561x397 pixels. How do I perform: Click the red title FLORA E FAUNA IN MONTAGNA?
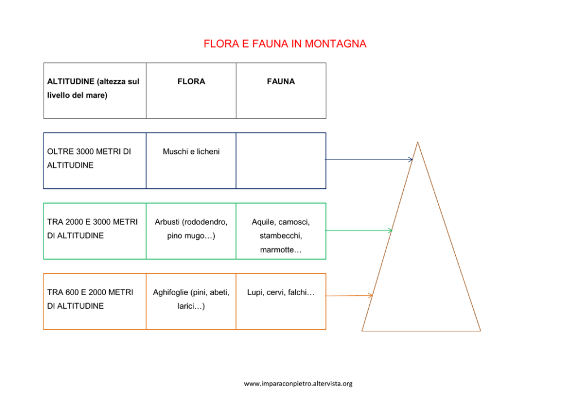click(x=284, y=44)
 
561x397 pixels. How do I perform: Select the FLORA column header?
click(x=191, y=81)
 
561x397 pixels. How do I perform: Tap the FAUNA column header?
click(x=280, y=81)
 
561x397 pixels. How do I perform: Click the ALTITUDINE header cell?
click(x=93, y=88)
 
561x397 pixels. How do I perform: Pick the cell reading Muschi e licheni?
click(x=191, y=152)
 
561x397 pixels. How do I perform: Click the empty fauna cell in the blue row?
click(x=280, y=161)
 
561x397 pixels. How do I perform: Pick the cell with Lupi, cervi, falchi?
click(x=280, y=292)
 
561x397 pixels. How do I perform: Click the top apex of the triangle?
click(x=417, y=143)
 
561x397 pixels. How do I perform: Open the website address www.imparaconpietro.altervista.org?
click(x=298, y=383)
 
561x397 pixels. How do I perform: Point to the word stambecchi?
click(x=280, y=235)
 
